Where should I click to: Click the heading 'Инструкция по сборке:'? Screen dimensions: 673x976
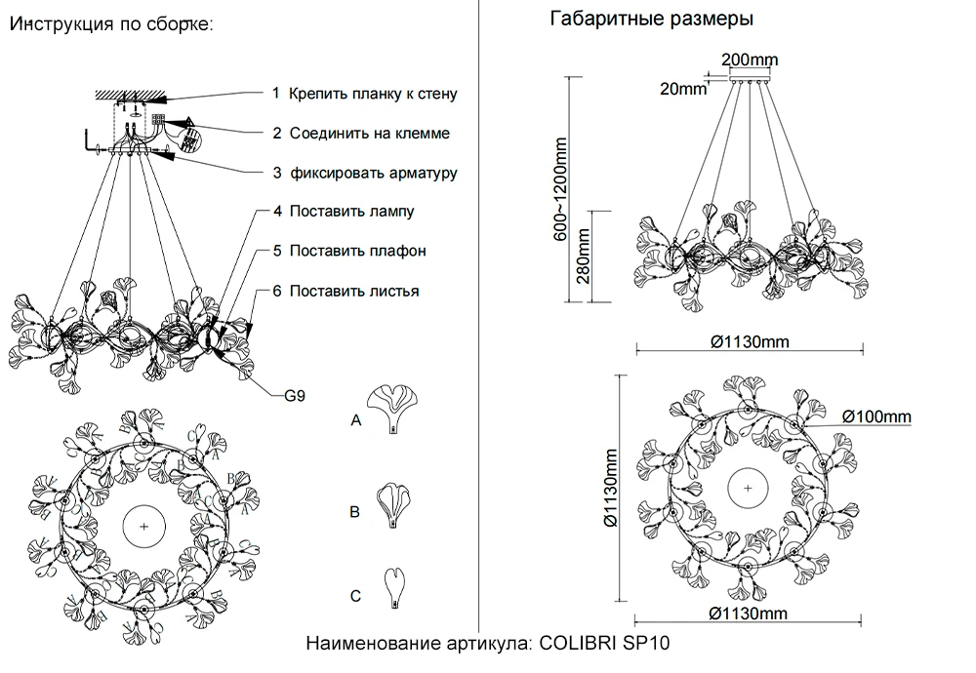(x=109, y=24)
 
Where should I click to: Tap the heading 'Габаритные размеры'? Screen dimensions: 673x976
(x=651, y=20)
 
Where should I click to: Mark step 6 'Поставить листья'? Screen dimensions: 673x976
(x=354, y=291)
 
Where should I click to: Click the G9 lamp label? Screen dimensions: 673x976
(x=295, y=397)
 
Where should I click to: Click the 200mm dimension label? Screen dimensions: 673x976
(x=750, y=59)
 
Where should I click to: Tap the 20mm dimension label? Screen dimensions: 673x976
(x=682, y=89)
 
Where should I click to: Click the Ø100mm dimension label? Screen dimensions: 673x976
(x=875, y=417)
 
